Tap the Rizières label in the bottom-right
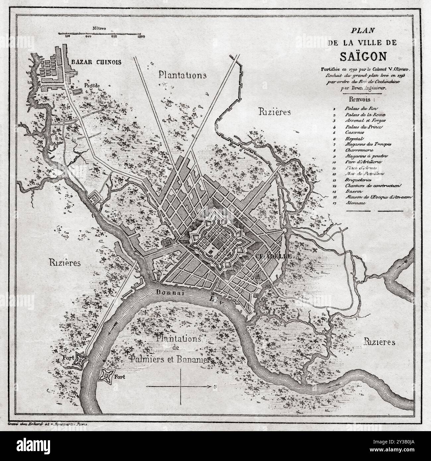tap(379, 342)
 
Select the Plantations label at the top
tap(182, 75)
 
